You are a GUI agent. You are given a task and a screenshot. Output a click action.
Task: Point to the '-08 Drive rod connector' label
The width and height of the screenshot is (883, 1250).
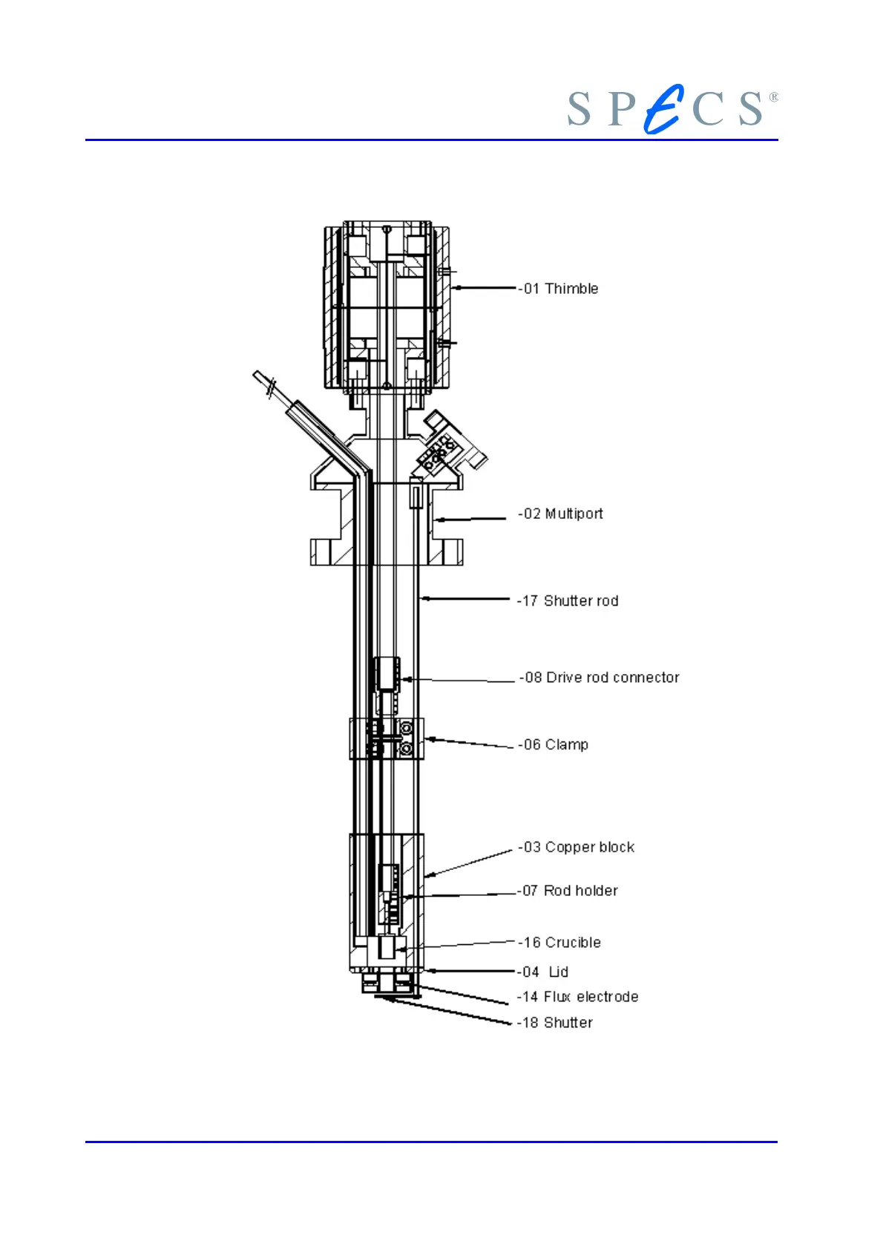pos(600,678)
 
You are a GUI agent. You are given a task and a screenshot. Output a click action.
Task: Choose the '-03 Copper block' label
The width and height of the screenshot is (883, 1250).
pos(577,847)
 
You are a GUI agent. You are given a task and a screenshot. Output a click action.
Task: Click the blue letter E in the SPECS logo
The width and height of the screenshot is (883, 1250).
pos(664,110)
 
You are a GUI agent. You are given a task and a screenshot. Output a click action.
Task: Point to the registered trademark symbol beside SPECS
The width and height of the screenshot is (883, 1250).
pos(774,97)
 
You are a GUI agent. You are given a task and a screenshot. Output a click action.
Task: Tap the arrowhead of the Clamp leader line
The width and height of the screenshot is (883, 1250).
pos(429,739)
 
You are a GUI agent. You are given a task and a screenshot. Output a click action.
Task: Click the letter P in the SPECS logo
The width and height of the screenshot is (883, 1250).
pos(621,109)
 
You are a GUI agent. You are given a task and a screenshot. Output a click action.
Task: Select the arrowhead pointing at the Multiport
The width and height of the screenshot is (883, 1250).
pos(437,520)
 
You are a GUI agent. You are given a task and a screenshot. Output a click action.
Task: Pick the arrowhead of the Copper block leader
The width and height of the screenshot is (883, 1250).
pos(428,876)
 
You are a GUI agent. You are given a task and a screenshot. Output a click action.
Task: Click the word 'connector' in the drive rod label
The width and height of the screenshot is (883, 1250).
pos(646,678)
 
